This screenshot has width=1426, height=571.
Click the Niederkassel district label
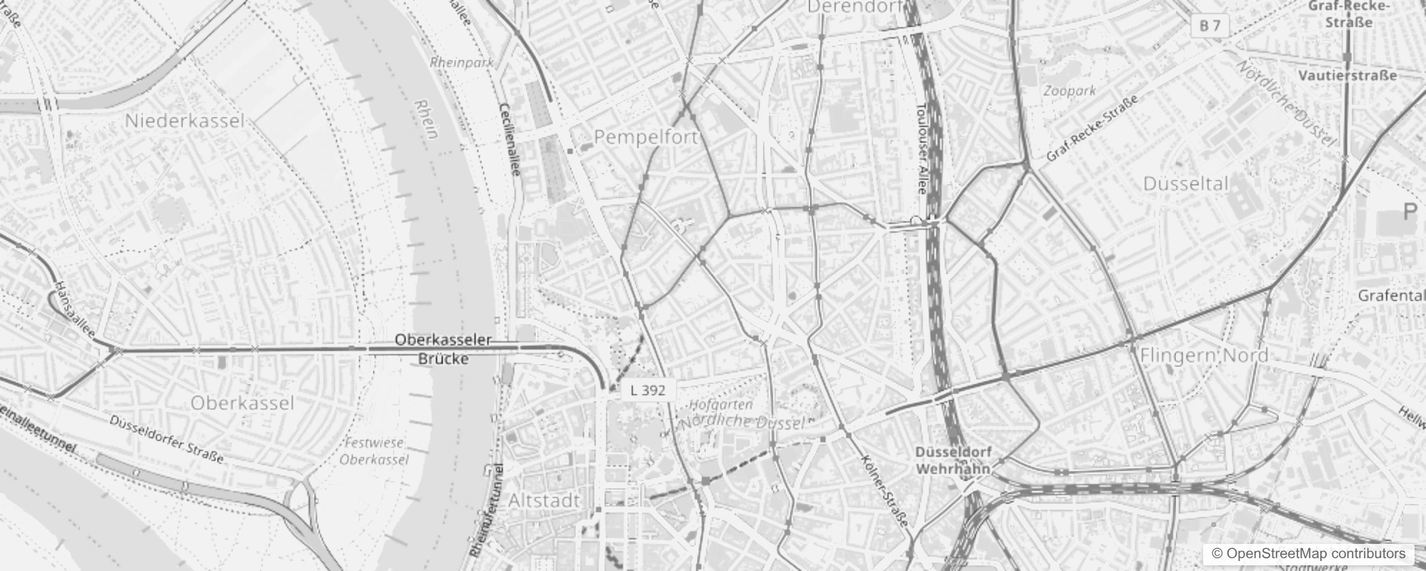184,121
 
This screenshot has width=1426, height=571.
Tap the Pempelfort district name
645,137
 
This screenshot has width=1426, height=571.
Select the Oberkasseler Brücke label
443,349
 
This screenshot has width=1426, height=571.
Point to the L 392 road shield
648,390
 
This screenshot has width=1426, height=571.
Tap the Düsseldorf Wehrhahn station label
953,461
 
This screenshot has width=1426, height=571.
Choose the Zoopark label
1069,91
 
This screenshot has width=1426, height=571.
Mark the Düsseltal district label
1186,183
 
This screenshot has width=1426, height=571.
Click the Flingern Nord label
1194,355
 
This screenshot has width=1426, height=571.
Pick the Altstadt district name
544,500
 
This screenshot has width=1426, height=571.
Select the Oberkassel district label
242,403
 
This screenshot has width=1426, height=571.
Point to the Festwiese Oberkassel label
373,451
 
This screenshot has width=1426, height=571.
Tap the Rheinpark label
462,63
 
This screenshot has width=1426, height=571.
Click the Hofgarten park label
721,405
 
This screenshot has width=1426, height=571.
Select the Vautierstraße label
1347,75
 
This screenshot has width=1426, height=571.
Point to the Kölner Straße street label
884,492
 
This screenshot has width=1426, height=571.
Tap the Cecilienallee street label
510,139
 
